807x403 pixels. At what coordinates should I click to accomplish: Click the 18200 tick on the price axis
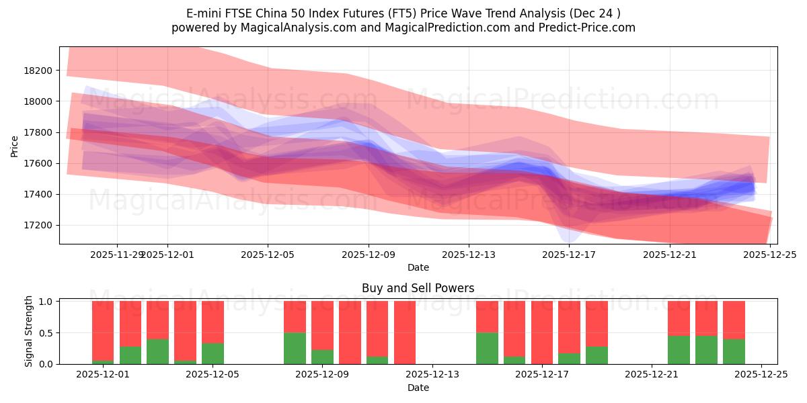(x=38, y=71)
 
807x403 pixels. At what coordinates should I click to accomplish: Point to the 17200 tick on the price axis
(x=38, y=225)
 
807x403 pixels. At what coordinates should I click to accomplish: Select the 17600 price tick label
(x=38, y=163)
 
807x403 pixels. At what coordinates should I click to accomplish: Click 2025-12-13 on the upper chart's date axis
(x=469, y=255)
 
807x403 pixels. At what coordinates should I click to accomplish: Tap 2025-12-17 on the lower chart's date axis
(x=542, y=375)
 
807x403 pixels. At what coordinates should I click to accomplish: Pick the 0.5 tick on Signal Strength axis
(x=47, y=333)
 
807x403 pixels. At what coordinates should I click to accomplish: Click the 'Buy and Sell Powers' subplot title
(x=418, y=288)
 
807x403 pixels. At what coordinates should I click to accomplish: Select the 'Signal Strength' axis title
(x=29, y=331)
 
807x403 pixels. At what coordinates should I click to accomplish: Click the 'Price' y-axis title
(x=15, y=146)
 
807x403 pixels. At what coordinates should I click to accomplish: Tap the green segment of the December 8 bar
(x=295, y=348)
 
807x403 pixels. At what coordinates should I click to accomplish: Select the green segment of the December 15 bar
(x=487, y=348)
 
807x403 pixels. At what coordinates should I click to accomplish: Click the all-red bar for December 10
(x=350, y=332)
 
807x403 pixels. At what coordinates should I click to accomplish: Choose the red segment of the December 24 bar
(x=734, y=320)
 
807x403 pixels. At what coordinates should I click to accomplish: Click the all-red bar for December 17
(x=542, y=332)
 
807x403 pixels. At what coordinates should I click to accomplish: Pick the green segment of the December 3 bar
(x=157, y=351)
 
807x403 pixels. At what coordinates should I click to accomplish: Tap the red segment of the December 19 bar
(x=597, y=323)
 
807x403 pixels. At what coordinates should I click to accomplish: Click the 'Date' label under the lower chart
(x=418, y=388)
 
